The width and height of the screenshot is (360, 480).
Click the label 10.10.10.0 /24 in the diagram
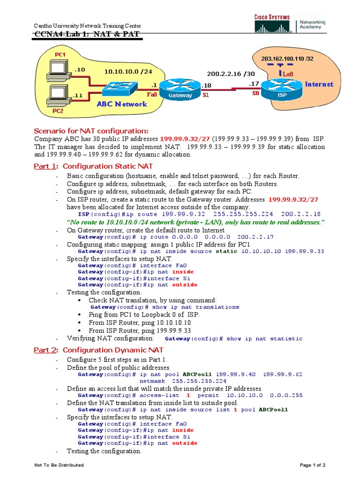[122, 72]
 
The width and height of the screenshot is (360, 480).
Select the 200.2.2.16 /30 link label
[231, 74]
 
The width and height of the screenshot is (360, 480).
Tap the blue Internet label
[319, 84]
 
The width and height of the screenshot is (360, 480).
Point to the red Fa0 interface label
[152, 95]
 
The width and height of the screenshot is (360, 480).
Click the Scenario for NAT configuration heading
[91, 131]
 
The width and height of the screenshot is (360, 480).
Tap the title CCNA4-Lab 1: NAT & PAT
[87, 34]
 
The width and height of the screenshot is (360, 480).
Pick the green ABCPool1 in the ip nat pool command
[197, 375]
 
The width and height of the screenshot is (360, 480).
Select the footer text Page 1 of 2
[313, 465]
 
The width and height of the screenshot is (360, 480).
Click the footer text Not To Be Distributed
[59, 465]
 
